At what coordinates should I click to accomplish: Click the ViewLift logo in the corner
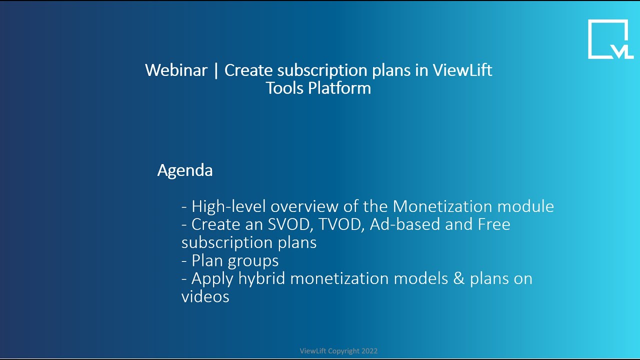tap(610, 39)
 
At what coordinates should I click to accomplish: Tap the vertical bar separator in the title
tap(216, 70)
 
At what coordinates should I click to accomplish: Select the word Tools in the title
tap(284, 88)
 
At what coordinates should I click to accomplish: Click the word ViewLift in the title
tap(462, 70)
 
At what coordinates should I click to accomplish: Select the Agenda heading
tap(185, 170)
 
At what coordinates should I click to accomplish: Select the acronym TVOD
tap(341, 224)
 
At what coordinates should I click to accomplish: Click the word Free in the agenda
tap(494, 224)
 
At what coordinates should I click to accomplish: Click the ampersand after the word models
tap(459, 278)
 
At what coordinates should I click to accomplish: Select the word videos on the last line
tap(205, 296)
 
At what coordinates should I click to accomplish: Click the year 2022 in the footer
tap(369, 351)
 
